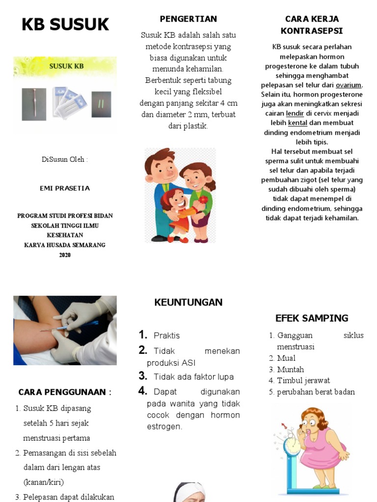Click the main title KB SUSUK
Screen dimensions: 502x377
[x=65, y=25]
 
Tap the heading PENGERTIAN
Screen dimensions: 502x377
[x=188, y=19]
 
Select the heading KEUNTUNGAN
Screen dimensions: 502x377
[x=188, y=302]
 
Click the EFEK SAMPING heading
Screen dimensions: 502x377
[x=312, y=318]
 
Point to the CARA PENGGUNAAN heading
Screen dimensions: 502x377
[x=65, y=392]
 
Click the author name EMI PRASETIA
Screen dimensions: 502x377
[x=65, y=188]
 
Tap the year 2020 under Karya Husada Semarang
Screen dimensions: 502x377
[x=65, y=255]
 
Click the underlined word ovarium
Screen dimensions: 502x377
[x=349, y=85]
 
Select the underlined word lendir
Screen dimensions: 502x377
[x=295, y=113]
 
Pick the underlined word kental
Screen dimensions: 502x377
[x=297, y=123]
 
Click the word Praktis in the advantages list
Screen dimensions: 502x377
[x=167, y=336]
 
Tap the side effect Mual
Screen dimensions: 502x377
[x=286, y=358]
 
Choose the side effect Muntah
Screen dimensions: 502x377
[x=290, y=370]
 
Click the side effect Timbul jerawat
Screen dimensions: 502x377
[x=303, y=381]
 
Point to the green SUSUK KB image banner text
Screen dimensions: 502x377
[x=66, y=65]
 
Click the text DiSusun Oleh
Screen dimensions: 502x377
[x=65, y=160]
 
